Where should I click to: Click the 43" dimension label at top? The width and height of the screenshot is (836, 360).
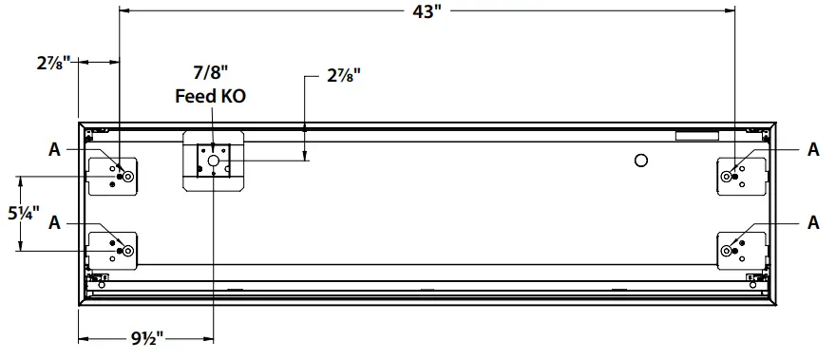coord(428,11)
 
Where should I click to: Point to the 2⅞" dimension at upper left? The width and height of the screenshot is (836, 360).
coord(54,64)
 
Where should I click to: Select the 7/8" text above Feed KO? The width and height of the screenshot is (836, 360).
coord(212,72)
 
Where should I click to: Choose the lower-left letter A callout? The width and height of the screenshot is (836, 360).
coord(56,222)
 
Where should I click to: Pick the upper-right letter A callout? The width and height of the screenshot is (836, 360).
coord(813,148)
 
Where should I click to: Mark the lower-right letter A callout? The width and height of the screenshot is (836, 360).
coord(813,222)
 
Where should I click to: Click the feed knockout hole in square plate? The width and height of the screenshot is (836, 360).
coord(213,162)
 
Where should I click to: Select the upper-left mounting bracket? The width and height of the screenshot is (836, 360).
coord(113,174)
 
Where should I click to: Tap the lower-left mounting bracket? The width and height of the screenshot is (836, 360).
coord(113,249)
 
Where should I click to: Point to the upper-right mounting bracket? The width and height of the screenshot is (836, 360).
coord(742,174)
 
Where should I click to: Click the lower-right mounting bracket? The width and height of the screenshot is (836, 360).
coord(742,249)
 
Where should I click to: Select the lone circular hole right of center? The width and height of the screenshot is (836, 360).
coord(640,159)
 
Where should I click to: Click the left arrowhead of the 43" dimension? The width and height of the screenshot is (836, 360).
coord(124,11)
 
